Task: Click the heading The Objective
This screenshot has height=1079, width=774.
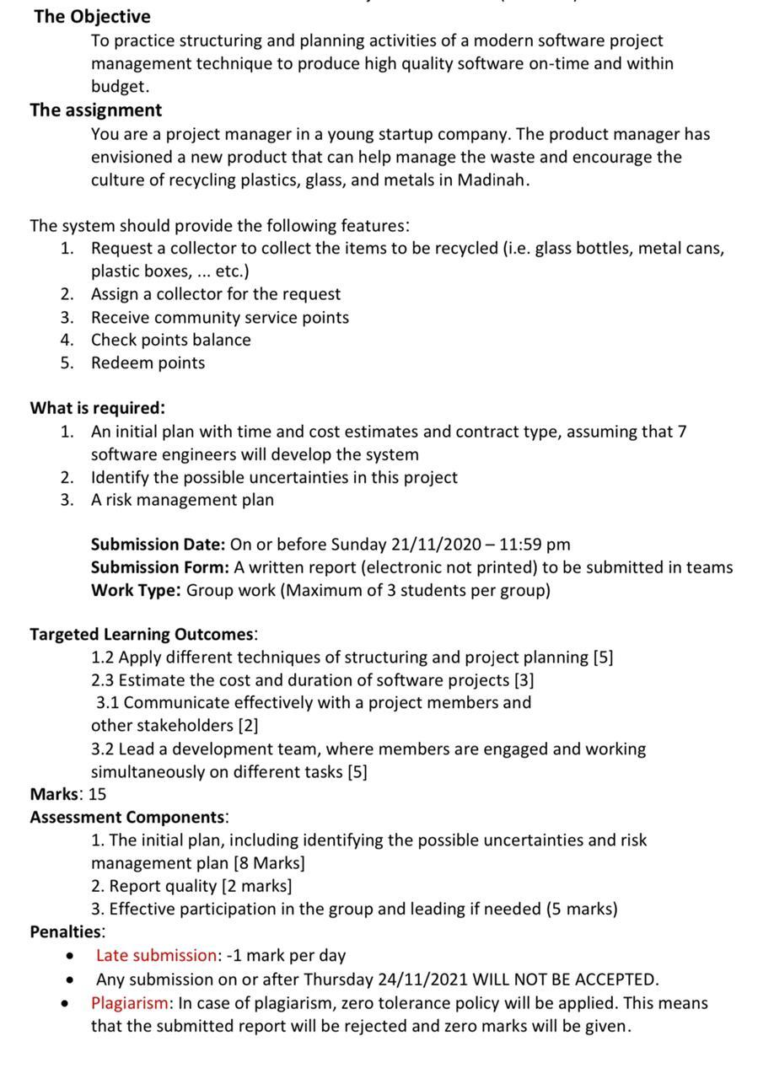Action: point(92,17)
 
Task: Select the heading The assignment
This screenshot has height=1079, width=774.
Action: point(95,110)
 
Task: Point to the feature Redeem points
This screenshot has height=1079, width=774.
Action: point(148,363)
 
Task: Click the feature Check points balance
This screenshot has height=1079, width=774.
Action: point(170,341)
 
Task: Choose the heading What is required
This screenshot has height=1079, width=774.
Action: point(97,408)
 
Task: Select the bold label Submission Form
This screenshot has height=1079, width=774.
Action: point(159,567)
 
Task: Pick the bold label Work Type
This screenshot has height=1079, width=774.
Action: point(136,590)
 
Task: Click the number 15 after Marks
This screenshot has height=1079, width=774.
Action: point(97,794)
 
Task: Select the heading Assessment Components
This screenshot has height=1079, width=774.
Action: point(127,818)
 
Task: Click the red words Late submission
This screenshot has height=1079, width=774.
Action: point(156,956)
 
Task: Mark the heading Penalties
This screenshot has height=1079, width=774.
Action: point(66,932)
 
